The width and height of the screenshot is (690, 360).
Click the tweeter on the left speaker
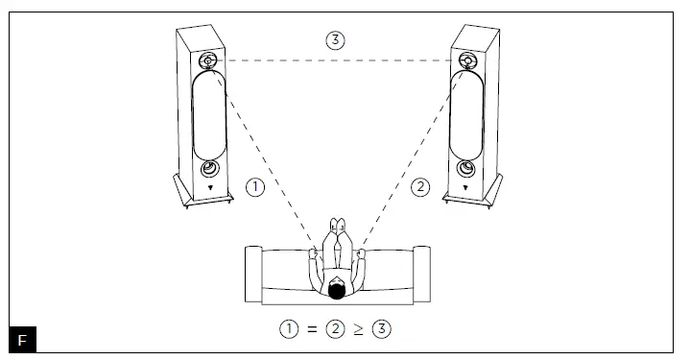(x=209, y=62)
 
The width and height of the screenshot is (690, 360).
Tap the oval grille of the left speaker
(x=209, y=117)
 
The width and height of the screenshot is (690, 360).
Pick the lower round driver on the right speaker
(x=465, y=171)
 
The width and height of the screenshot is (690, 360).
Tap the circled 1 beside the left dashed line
(x=254, y=188)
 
